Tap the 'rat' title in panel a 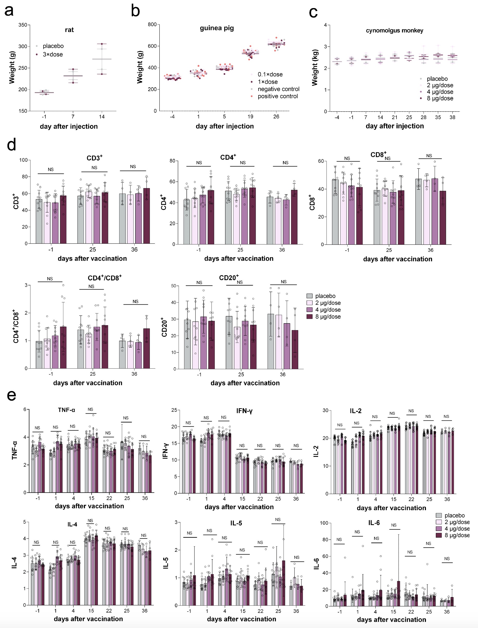[x=69, y=30]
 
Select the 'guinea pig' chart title [x=217, y=28]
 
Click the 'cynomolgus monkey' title [x=394, y=30]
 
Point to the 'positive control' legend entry [x=278, y=96]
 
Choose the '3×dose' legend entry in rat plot [x=53, y=54]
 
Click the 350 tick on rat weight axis [x=23, y=25]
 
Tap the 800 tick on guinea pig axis [x=152, y=24]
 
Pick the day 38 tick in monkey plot [x=452, y=117]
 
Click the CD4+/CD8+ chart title [x=104, y=278]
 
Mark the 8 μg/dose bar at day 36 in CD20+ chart [x=295, y=349]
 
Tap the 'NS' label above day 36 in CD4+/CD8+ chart [x=135, y=301]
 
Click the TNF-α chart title [x=66, y=410]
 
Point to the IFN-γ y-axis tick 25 [x=174, y=410]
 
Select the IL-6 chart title [x=374, y=523]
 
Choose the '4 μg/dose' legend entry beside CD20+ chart [x=328, y=310]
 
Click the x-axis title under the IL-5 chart [x=241, y=619]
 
